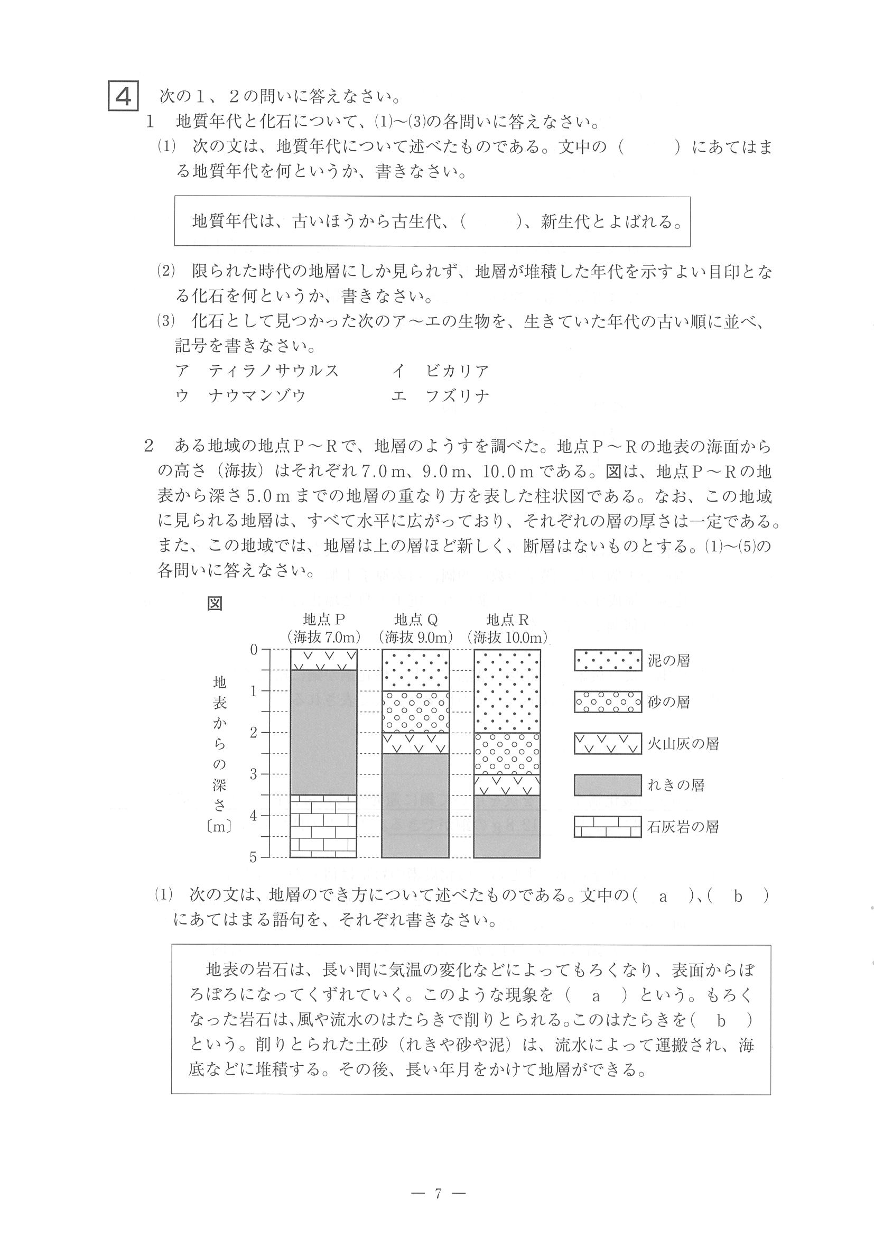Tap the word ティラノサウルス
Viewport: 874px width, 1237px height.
coord(274,371)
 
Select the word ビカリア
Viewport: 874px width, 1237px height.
coord(457,371)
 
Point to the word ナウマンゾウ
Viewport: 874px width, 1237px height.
coord(257,396)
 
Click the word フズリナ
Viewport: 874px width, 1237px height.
coord(457,396)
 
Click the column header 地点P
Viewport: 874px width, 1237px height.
coord(323,619)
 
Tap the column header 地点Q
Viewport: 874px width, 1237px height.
coord(415,619)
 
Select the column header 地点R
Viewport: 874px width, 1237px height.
coord(507,619)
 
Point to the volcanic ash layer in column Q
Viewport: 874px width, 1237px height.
coord(415,743)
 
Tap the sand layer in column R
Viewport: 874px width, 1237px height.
coord(507,753)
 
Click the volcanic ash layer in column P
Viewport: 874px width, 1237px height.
coord(323,659)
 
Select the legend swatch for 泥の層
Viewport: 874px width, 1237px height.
coord(608,660)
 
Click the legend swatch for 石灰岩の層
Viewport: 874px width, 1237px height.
coord(608,827)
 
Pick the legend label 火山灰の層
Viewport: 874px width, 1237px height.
coord(683,744)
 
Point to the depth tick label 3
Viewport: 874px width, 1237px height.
coord(254,774)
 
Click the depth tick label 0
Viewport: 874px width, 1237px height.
coord(254,650)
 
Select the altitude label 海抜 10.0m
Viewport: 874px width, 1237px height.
coord(507,638)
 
